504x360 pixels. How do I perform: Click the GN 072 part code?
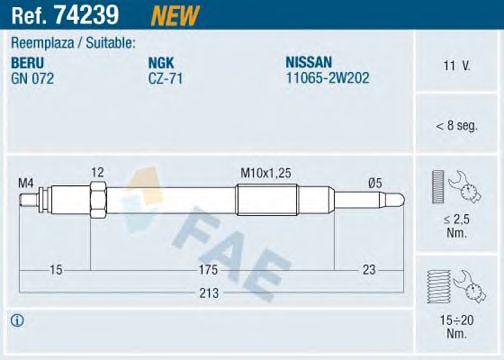pyautogui.click(x=34, y=75)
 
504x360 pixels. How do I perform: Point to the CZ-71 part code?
pyautogui.click(x=164, y=75)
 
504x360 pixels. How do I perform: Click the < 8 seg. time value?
pyautogui.click(x=457, y=126)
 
